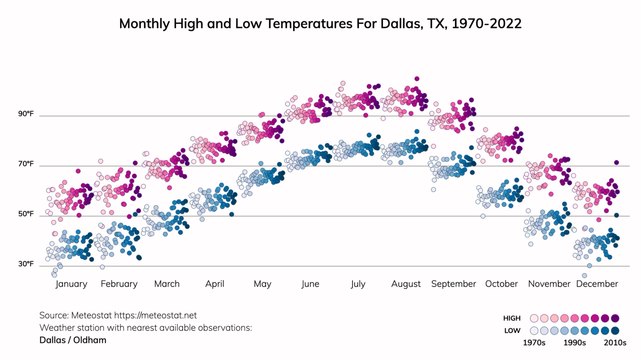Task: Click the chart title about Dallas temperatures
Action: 320,24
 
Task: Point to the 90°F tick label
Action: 26,114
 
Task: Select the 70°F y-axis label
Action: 26,164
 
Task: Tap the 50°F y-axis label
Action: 26,214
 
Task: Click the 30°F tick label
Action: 26,264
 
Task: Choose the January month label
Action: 71,284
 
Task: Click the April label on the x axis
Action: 215,284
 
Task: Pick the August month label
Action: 406,284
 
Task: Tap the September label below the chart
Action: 454,284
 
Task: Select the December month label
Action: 597,284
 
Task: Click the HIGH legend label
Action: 512,318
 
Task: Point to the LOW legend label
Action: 512,331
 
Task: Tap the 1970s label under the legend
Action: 534,343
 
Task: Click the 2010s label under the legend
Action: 615,343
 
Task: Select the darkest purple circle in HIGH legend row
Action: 615,318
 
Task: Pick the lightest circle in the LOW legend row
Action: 534,331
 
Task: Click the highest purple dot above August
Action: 417,79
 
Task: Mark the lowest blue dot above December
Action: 585,275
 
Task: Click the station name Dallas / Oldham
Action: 73,340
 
